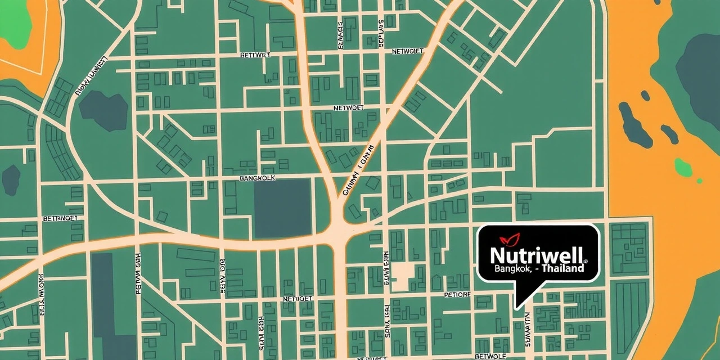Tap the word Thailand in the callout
pyautogui.click(x=562, y=269)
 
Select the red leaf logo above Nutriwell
pyautogui.click(x=510, y=238)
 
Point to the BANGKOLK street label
pyautogui.click(x=258, y=178)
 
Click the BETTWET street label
pyautogui.click(x=255, y=55)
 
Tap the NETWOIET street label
pyautogui.click(x=407, y=51)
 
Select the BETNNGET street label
pyautogui.click(x=60, y=218)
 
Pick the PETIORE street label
pyautogui.click(x=457, y=294)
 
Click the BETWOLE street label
pyautogui.click(x=490, y=356)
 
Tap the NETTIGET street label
pyautogui.click(x=298, y=299)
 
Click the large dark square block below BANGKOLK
pyautogui.click(x=282, y=208)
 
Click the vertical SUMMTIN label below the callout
pyautogui.click(x=528, y=329)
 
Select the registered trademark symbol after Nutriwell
pyautogui.click(x=586, y=262)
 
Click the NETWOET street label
pyautogui.click(x=349, y=107)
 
